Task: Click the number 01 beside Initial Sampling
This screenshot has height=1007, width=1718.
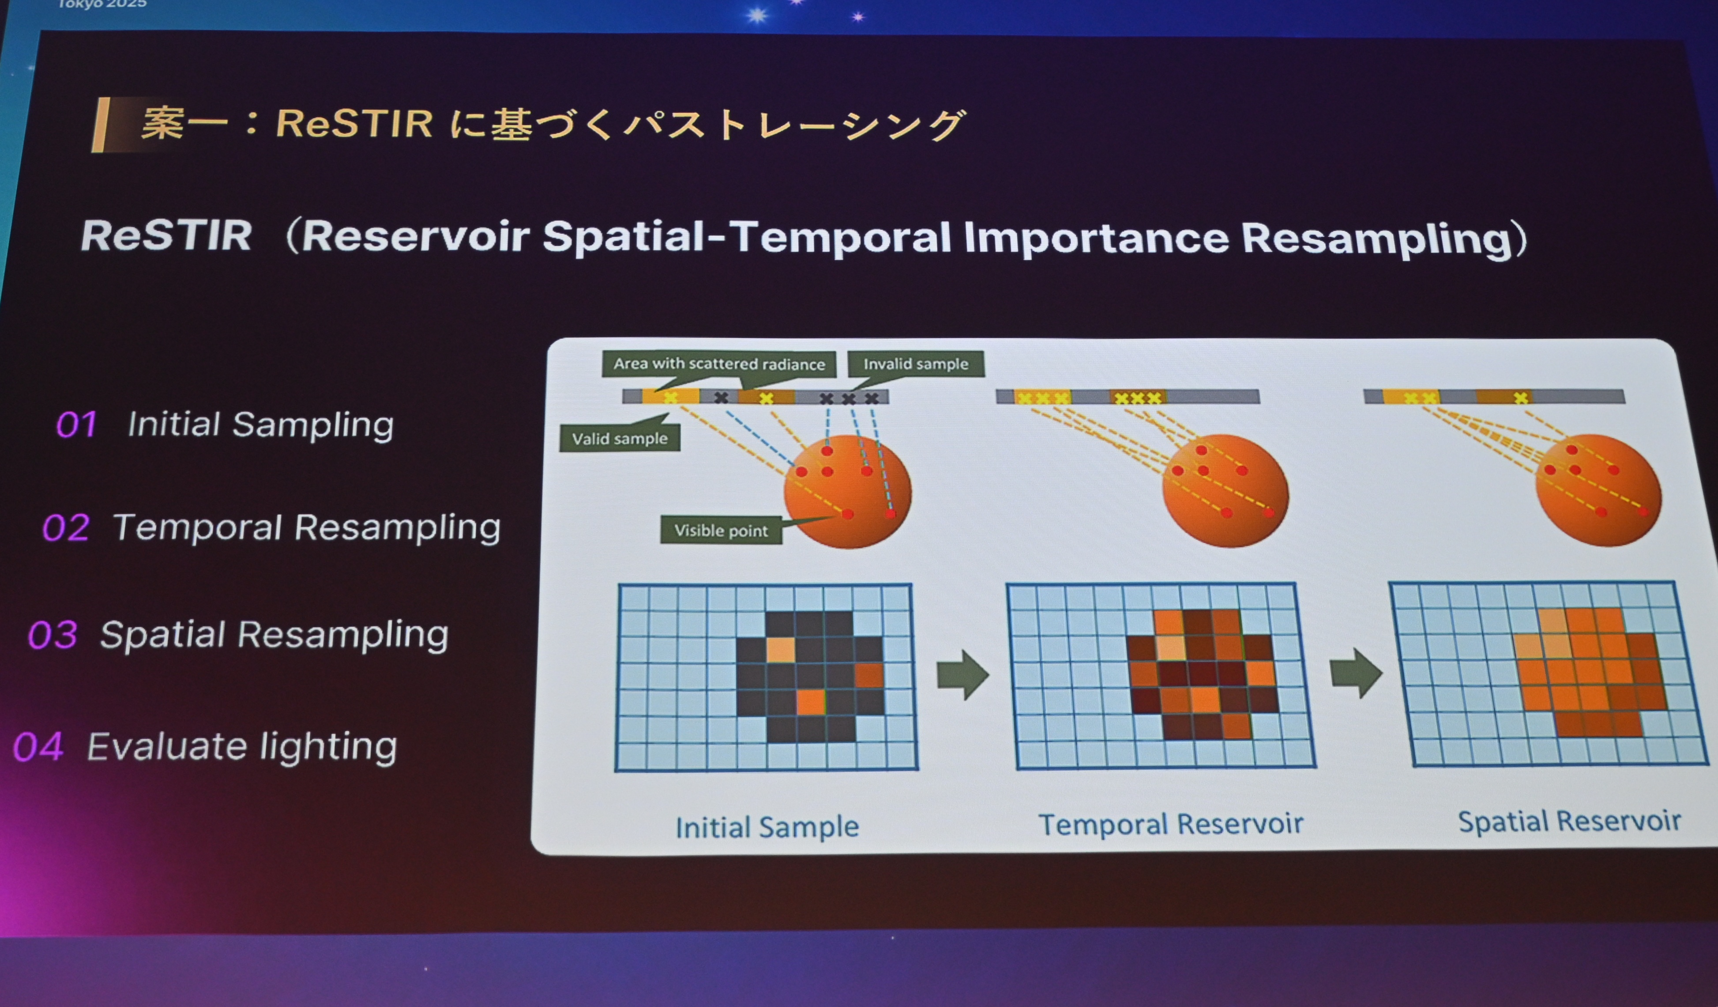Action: point(75,424)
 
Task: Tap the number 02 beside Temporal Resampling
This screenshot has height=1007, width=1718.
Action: point(65,527)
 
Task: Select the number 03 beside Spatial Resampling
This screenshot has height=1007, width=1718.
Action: point(53,635)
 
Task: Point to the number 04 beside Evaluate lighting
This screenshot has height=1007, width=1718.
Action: point(38,746)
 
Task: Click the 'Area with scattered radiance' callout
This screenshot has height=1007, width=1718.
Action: point(719,363)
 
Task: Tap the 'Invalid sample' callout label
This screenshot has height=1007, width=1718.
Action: point(916,363)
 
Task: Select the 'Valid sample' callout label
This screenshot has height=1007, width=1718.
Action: point(620,439)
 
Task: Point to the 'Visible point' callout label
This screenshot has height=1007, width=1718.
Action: point(721,530)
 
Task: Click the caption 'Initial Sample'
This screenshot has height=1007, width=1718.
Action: point(767,827)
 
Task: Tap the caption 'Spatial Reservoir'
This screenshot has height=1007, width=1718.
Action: point(1569,821)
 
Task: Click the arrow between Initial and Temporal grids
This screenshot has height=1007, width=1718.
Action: point(962,674)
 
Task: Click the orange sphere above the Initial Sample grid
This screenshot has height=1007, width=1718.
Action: point(847,491)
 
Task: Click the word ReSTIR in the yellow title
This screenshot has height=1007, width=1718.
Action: point(354,124)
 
